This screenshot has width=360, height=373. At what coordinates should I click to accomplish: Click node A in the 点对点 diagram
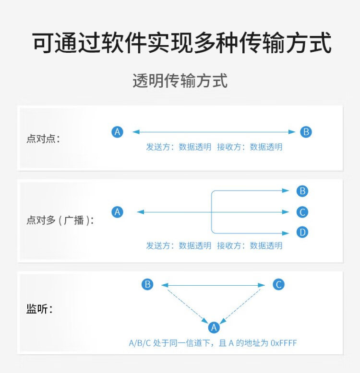(117, 132)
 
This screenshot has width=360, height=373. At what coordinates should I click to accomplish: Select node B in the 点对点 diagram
(306, 132)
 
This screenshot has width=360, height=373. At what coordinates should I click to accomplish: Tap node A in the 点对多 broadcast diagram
(117, 212)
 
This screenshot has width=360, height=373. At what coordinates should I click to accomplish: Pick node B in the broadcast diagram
(302, 191)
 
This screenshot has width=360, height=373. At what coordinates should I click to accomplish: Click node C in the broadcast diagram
(302, 212)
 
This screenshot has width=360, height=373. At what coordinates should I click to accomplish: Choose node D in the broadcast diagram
(302, 233)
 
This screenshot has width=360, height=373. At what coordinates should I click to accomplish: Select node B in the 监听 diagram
(147, 284)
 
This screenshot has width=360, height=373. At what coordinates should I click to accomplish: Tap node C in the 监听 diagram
(278, 284)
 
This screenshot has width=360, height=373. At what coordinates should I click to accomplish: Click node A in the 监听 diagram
(214, 327)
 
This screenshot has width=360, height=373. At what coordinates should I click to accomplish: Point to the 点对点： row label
(44, 139)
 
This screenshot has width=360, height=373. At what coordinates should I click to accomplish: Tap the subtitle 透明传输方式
(180, 81)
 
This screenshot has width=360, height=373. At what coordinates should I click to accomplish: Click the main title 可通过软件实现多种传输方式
(182, 44)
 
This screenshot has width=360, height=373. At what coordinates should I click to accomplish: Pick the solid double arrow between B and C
(213, 285)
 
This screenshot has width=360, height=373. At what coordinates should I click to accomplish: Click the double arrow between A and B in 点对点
(214, 132)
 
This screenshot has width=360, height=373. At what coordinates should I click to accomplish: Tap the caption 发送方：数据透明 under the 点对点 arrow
(179, 147)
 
